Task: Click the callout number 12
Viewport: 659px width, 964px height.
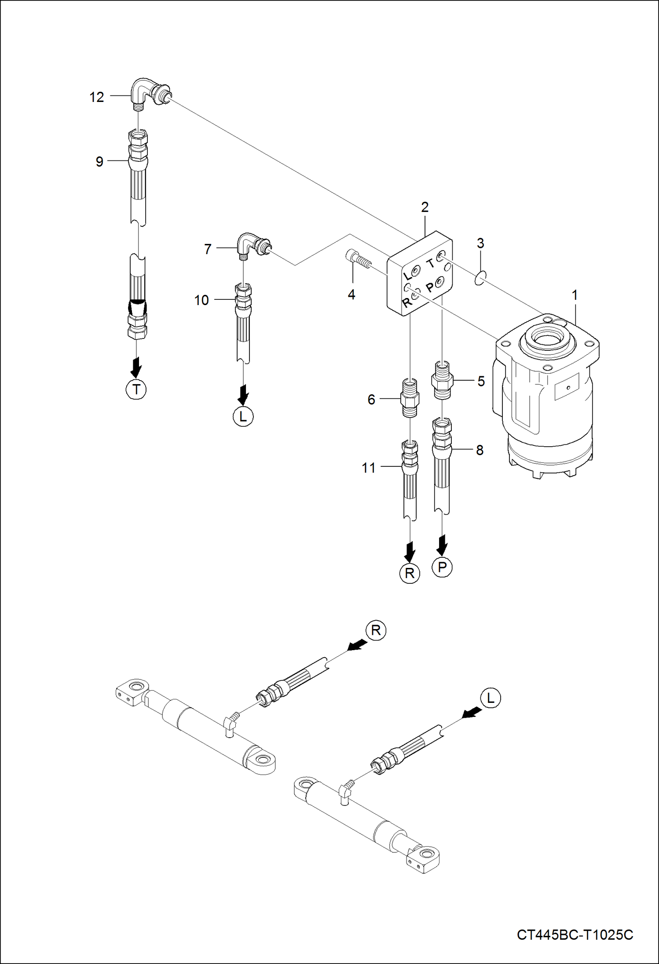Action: [97, 97]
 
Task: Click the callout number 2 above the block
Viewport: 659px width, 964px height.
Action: [425, 207]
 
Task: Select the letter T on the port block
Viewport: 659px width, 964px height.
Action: [431, 263]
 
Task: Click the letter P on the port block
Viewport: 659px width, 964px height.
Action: [430, 287]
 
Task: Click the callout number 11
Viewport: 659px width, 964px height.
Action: [369, 468]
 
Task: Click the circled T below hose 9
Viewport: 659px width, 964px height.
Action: [136, 389]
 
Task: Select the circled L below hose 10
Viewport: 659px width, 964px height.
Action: [243, 416]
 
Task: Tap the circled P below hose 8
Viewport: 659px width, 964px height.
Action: [442, 567]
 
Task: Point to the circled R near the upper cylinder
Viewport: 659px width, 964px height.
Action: [376, 631]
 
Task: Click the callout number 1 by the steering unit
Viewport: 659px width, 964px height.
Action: [575, 295]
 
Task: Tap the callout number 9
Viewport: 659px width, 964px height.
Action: [99, 162]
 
